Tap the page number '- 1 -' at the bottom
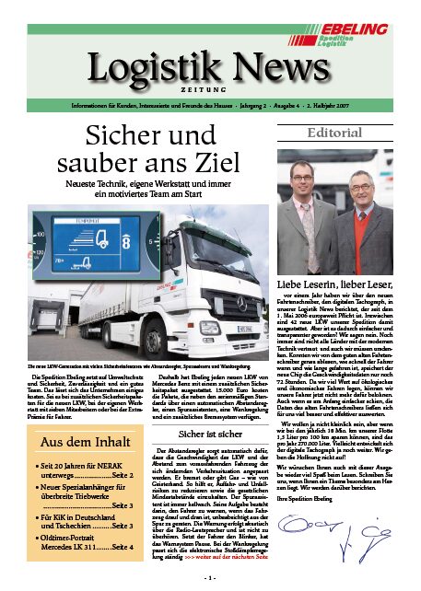click(x=210, y=576)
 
